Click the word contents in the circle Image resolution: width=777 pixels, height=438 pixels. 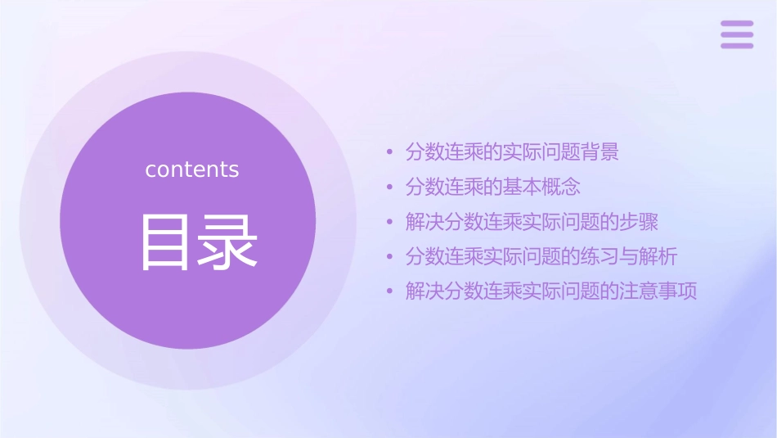click(x=192, y=169)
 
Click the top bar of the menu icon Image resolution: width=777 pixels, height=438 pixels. click(x=736, y=24)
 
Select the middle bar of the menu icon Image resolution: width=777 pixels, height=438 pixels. click(x=736, y=34)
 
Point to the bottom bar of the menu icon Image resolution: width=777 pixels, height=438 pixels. click(x=736, y=45)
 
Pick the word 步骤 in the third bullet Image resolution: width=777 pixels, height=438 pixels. click(x=639, y=223)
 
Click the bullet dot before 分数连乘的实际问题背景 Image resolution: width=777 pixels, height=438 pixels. click(x=390, y=152)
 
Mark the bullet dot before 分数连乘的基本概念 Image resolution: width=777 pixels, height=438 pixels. click(x=390, y=187)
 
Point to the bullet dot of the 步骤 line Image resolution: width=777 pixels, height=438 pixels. click(x=390, y=223)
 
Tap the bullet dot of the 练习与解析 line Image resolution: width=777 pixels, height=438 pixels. click(x=390, y=257)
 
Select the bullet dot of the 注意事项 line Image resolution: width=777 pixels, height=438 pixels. click(x=390, y=292)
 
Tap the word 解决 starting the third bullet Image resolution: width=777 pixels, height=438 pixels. click(x=425, y=223)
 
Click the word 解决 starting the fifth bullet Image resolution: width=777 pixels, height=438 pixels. click(x=425, y=292)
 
